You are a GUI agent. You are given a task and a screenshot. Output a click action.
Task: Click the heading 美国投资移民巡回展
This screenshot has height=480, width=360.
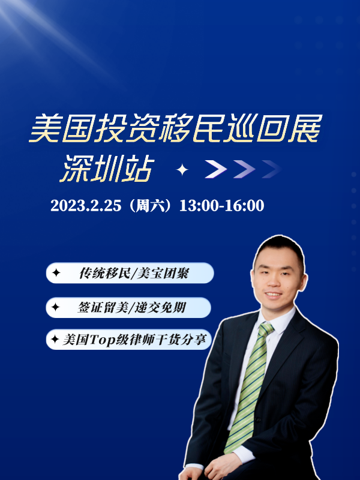click(176, 128)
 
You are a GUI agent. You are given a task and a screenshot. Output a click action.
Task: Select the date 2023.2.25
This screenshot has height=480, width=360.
click(86, 206)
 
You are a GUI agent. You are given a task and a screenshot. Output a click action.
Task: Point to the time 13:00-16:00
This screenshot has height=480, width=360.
click(221, 206)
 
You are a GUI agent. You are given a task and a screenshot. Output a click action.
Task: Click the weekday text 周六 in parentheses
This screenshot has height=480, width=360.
click(151, 206)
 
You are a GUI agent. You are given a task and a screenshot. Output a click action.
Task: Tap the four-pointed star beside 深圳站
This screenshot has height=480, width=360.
click(182, 169)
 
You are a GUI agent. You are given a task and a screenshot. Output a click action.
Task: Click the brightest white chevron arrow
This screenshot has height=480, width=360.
click(216, 169)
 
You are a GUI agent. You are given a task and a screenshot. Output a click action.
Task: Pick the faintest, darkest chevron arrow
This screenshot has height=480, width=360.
click(272, 169)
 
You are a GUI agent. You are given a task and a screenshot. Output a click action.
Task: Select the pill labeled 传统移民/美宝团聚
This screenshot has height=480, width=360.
click(130, 273)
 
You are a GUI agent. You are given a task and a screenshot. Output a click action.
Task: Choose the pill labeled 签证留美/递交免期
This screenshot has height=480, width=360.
click(128, 307)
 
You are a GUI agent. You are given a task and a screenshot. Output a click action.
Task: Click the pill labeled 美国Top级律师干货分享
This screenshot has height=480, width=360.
click(129, 340)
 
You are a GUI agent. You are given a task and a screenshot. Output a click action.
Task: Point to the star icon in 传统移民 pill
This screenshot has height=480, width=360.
click(56, 273)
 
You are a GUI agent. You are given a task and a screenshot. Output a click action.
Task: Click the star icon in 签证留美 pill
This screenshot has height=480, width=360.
click(55, 307)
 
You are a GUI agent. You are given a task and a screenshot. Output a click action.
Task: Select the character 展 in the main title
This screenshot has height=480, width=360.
click(306, 128)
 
